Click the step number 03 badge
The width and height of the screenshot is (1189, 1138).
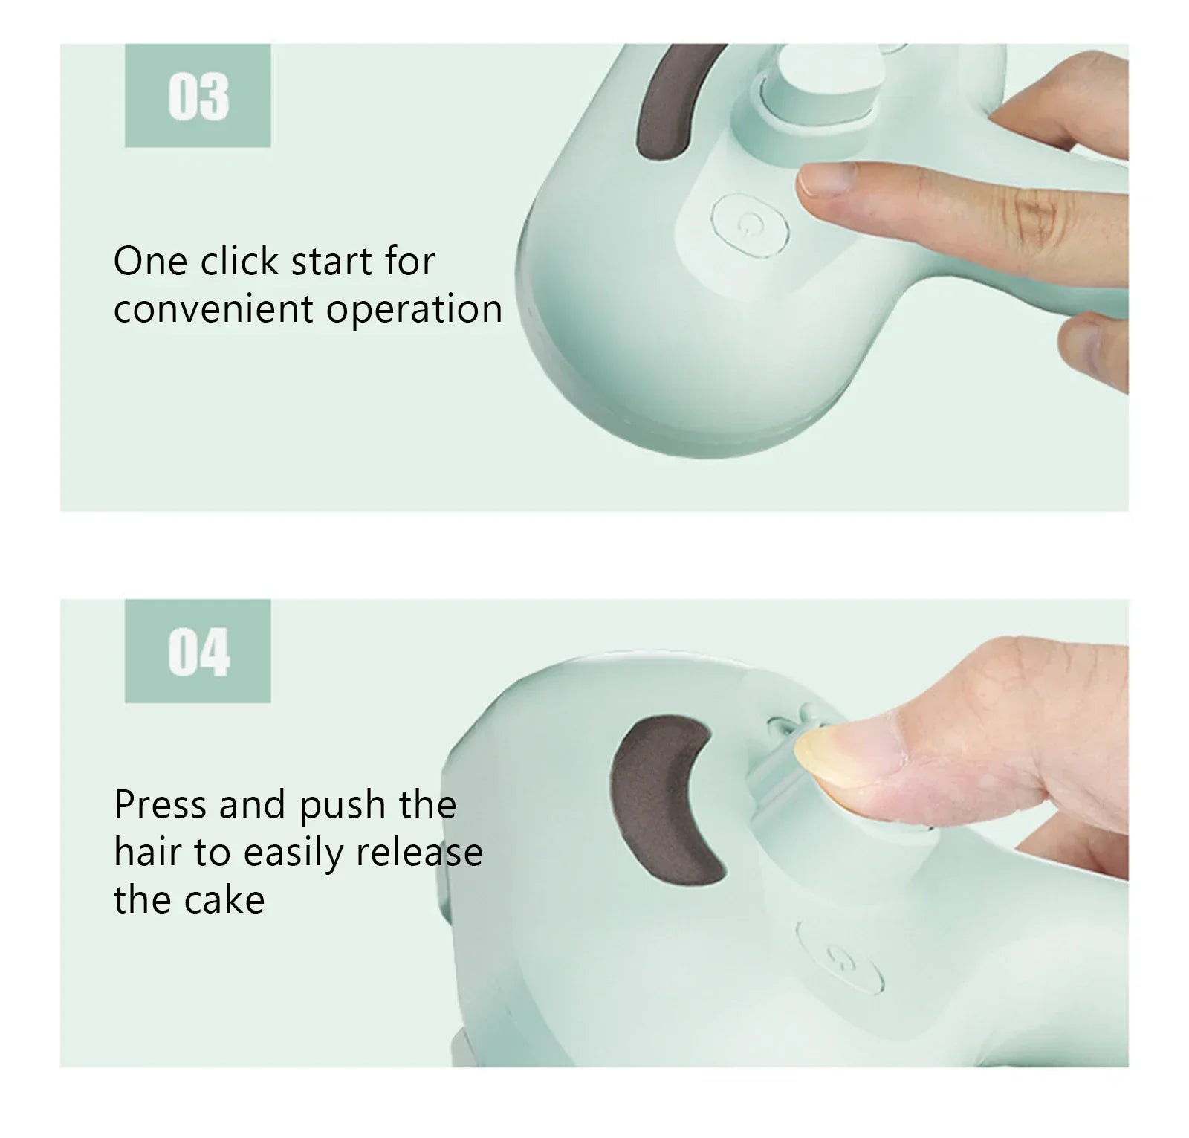pyautogui.click(x=198, y=96)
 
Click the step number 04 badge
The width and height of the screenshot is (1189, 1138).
pyautogui.click(x=198, y=651)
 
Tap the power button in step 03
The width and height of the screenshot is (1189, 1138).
pyautogui.click(x=748, y=222)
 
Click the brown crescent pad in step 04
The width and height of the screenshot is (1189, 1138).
pyautogui.click(x=661, y=798)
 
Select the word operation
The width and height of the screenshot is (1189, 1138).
pyautogui.click(x=414, y=310)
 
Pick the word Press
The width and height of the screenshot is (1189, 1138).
pyautogui.click(x=160, y=805)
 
